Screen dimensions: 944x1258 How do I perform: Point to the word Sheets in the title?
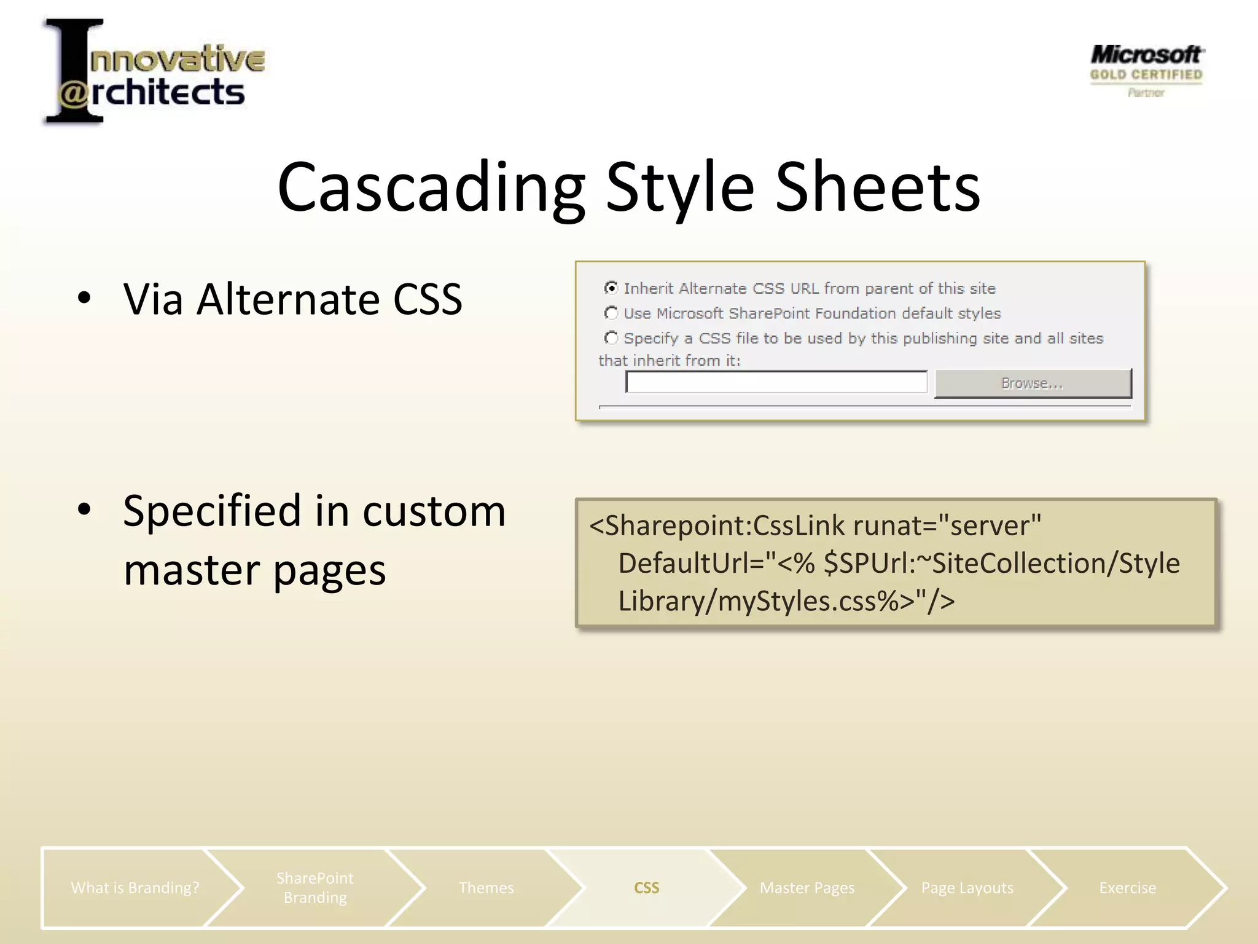(x=878, y=187)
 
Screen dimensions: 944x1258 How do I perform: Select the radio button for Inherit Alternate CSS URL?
(x=611, y=288)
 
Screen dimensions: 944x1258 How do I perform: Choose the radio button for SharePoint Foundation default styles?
(x=611, y=313)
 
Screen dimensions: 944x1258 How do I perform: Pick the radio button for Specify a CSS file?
(x=611, y=338)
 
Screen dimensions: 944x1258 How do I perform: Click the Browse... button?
(x=1033, y=383)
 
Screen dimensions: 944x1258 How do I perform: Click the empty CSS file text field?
(x=776, y=382)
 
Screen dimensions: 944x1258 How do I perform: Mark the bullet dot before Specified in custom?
(x=85, y=509)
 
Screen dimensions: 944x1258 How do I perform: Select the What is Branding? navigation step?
(x=135, y=887)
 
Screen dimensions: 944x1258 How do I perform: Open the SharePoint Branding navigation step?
(x=314, y=887)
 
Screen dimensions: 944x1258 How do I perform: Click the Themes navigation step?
(x=486, y=887)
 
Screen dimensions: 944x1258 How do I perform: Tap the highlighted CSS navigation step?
(x=646, y=887)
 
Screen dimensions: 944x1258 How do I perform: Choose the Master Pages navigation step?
(x=807, y=887)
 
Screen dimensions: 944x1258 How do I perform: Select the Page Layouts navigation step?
(x=967, y=887)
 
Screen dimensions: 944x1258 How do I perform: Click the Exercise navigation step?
(x=1127, y=887)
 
